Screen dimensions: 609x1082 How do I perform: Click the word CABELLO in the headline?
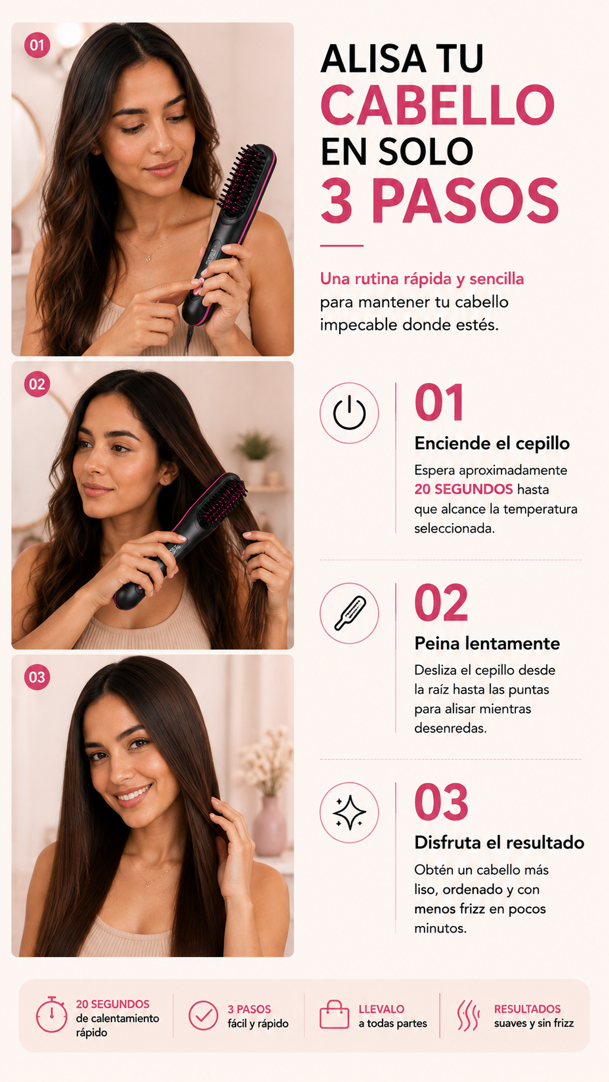point(437,105)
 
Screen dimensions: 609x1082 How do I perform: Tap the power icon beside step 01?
point(349,413)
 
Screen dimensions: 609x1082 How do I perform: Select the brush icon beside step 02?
point(349,613)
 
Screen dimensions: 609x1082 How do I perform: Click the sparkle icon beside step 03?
point(349,812)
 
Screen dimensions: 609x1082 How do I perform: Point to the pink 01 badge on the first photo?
point(37,45)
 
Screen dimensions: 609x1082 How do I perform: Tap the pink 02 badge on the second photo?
point(37,384)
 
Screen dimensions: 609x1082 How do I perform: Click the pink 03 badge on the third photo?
point(37,677)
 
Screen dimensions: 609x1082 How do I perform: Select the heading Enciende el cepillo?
point(492,443)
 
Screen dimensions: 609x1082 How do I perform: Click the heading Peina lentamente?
point(487,643)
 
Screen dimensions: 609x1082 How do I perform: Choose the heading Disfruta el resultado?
point(500,843)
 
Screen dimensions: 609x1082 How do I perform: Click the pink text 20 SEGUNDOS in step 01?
point(463,489)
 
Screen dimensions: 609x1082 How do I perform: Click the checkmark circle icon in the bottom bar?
point(203,1015)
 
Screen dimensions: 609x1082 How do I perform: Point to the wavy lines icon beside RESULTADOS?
point(469,1015)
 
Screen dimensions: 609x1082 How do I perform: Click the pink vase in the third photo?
point(270,827)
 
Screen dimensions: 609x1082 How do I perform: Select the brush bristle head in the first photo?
point(245,179)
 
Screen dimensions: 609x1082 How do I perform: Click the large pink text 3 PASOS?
point(439,201)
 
